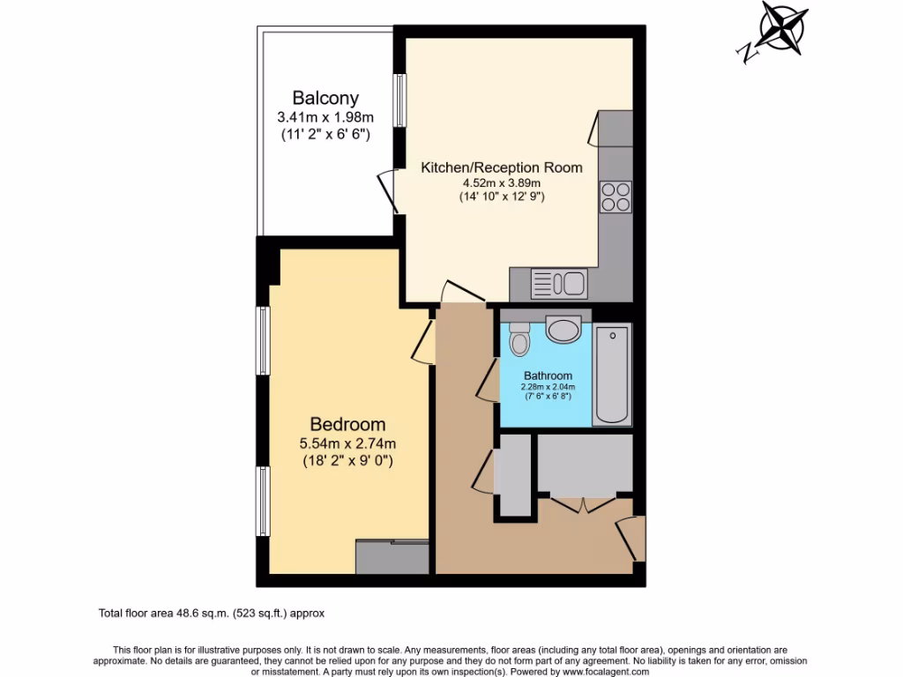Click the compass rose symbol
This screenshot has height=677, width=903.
780,26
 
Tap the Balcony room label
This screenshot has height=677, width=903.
325,98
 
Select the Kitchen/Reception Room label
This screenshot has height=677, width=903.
502,167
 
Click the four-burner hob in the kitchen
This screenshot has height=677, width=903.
616,196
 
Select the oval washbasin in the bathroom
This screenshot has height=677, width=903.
563,331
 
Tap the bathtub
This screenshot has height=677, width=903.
612,375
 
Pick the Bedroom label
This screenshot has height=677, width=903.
347,424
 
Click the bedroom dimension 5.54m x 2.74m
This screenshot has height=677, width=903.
347,443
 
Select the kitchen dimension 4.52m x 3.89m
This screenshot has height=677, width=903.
502,183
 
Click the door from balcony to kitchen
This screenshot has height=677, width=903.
386,190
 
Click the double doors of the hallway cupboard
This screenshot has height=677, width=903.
583,505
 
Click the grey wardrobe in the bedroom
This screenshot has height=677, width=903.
392,558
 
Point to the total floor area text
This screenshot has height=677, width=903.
211,613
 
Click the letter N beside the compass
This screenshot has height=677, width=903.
743,52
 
